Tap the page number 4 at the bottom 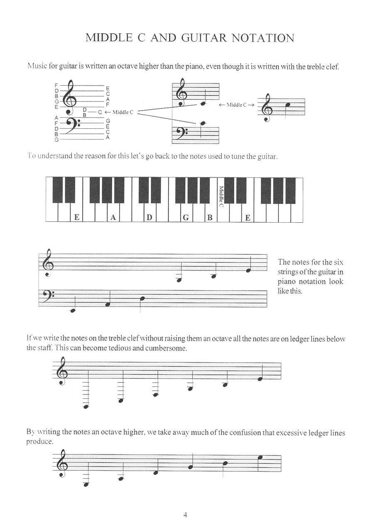pos(185,515)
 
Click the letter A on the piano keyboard pos(113,217)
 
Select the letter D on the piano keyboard pos(149,217)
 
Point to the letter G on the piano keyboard pos(186,217)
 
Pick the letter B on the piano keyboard pos(210,217)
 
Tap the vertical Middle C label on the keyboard pos(221,197)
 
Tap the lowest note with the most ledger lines pos(86,407)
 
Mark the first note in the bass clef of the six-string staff pos(73,310)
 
